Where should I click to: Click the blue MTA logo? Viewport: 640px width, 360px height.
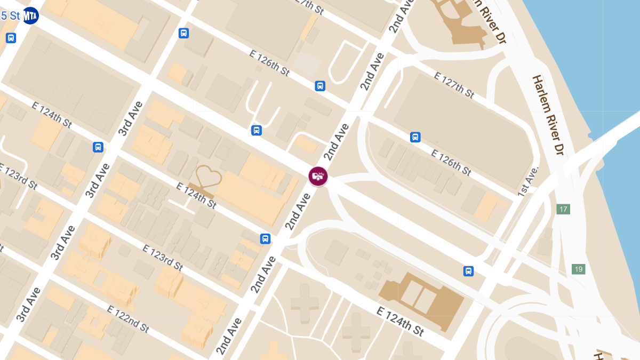[x=30, y=15]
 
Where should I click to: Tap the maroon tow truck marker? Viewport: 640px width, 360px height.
[x=318, y=176]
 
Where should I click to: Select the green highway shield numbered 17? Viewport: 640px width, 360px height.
[x=563, y=209]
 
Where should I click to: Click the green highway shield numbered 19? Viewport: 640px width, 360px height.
[x=578, y=269]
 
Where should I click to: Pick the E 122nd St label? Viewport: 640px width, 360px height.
[x=128, y=318]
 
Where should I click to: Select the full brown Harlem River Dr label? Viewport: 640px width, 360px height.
[x=548, y=115]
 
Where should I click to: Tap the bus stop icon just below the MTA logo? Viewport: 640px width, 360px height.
[x=11, y=38]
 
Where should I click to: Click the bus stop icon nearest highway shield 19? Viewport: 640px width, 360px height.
[x=468, y=271]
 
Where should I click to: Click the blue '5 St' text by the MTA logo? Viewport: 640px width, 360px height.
[x=10, y=15]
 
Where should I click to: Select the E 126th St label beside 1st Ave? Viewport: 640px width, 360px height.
[x=451, y=163]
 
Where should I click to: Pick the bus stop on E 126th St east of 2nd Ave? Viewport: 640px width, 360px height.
[x=415, y=137]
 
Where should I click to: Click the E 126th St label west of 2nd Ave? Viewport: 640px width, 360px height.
[x=269, y=62]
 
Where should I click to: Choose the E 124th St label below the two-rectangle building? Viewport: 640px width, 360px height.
[x=400, y=321]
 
